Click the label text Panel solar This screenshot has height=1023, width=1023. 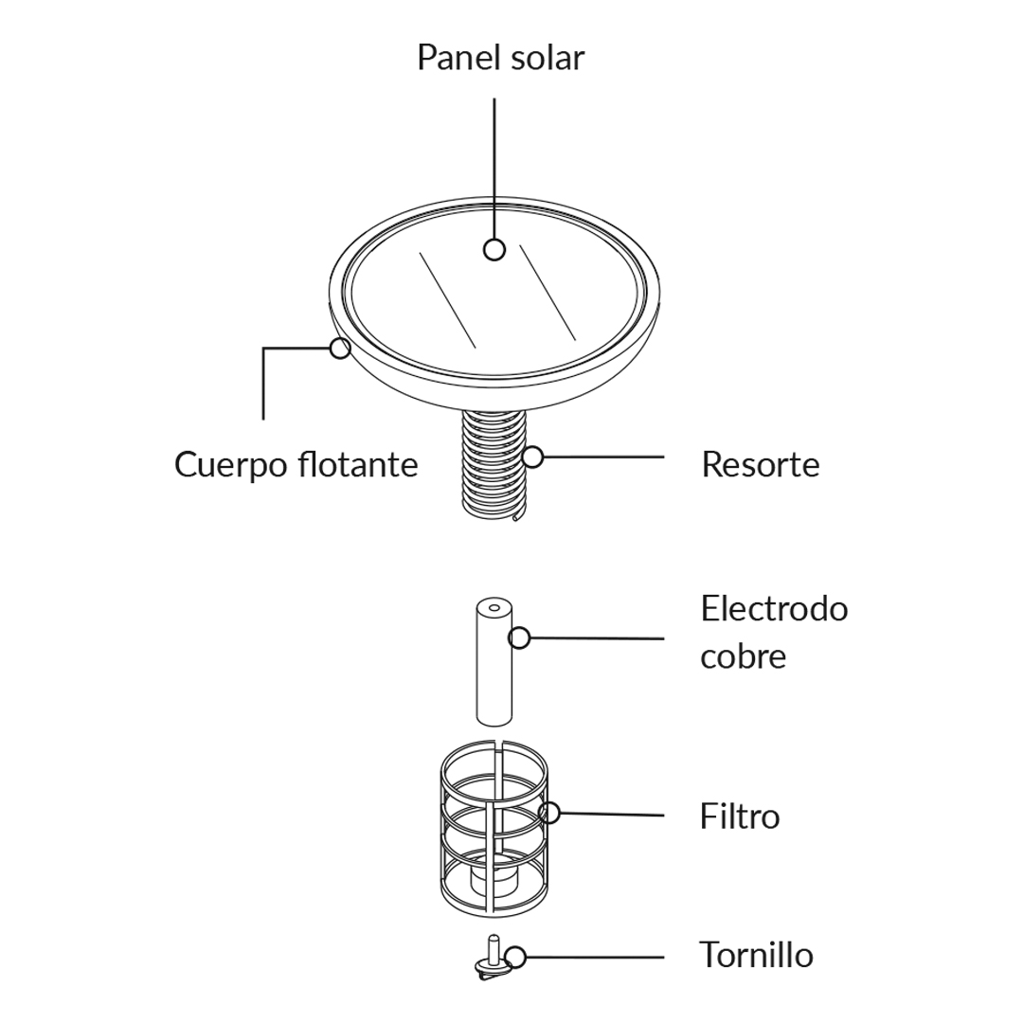(500, 58)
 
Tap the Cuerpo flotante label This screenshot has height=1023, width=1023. (296, 465)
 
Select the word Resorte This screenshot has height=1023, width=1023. (760, 465)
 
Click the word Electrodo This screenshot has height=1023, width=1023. (774, 608)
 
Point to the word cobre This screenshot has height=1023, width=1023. (743, 656)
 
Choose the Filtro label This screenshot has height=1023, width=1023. (740, 816)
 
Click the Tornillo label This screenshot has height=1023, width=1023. (756, 955)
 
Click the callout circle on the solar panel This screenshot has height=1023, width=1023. (494, 250)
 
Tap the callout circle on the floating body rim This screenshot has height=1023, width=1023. (340, 348)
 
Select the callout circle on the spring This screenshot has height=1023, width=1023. (533, 457)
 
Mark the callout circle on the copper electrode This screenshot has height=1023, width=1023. (519, 637)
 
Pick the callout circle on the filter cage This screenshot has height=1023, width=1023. (549, 812)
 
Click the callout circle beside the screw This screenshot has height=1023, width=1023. (515, 957)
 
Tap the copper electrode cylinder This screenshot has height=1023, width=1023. (493, 673)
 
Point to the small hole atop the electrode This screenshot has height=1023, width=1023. (494, 607)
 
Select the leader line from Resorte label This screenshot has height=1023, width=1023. (606, 457)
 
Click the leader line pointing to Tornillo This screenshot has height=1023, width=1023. (597, 957)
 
